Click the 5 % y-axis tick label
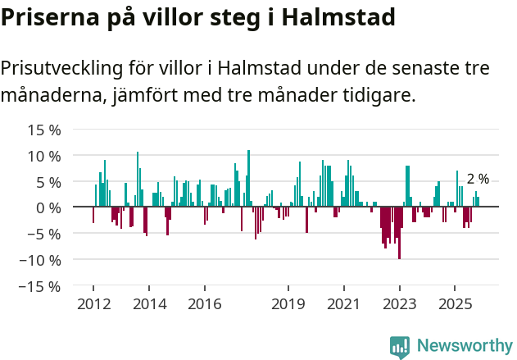point(48,182)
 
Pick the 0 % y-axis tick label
point(48,207)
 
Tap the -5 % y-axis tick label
point(46,234)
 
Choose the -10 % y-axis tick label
point(42,260)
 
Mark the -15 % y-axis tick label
point(42,286)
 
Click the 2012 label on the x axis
point(93,304)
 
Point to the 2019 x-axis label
point(288,304)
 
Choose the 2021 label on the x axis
point(343,304)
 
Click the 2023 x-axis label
point(399,304)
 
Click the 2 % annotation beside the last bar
point(478,179)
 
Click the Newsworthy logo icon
point(400,346)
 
